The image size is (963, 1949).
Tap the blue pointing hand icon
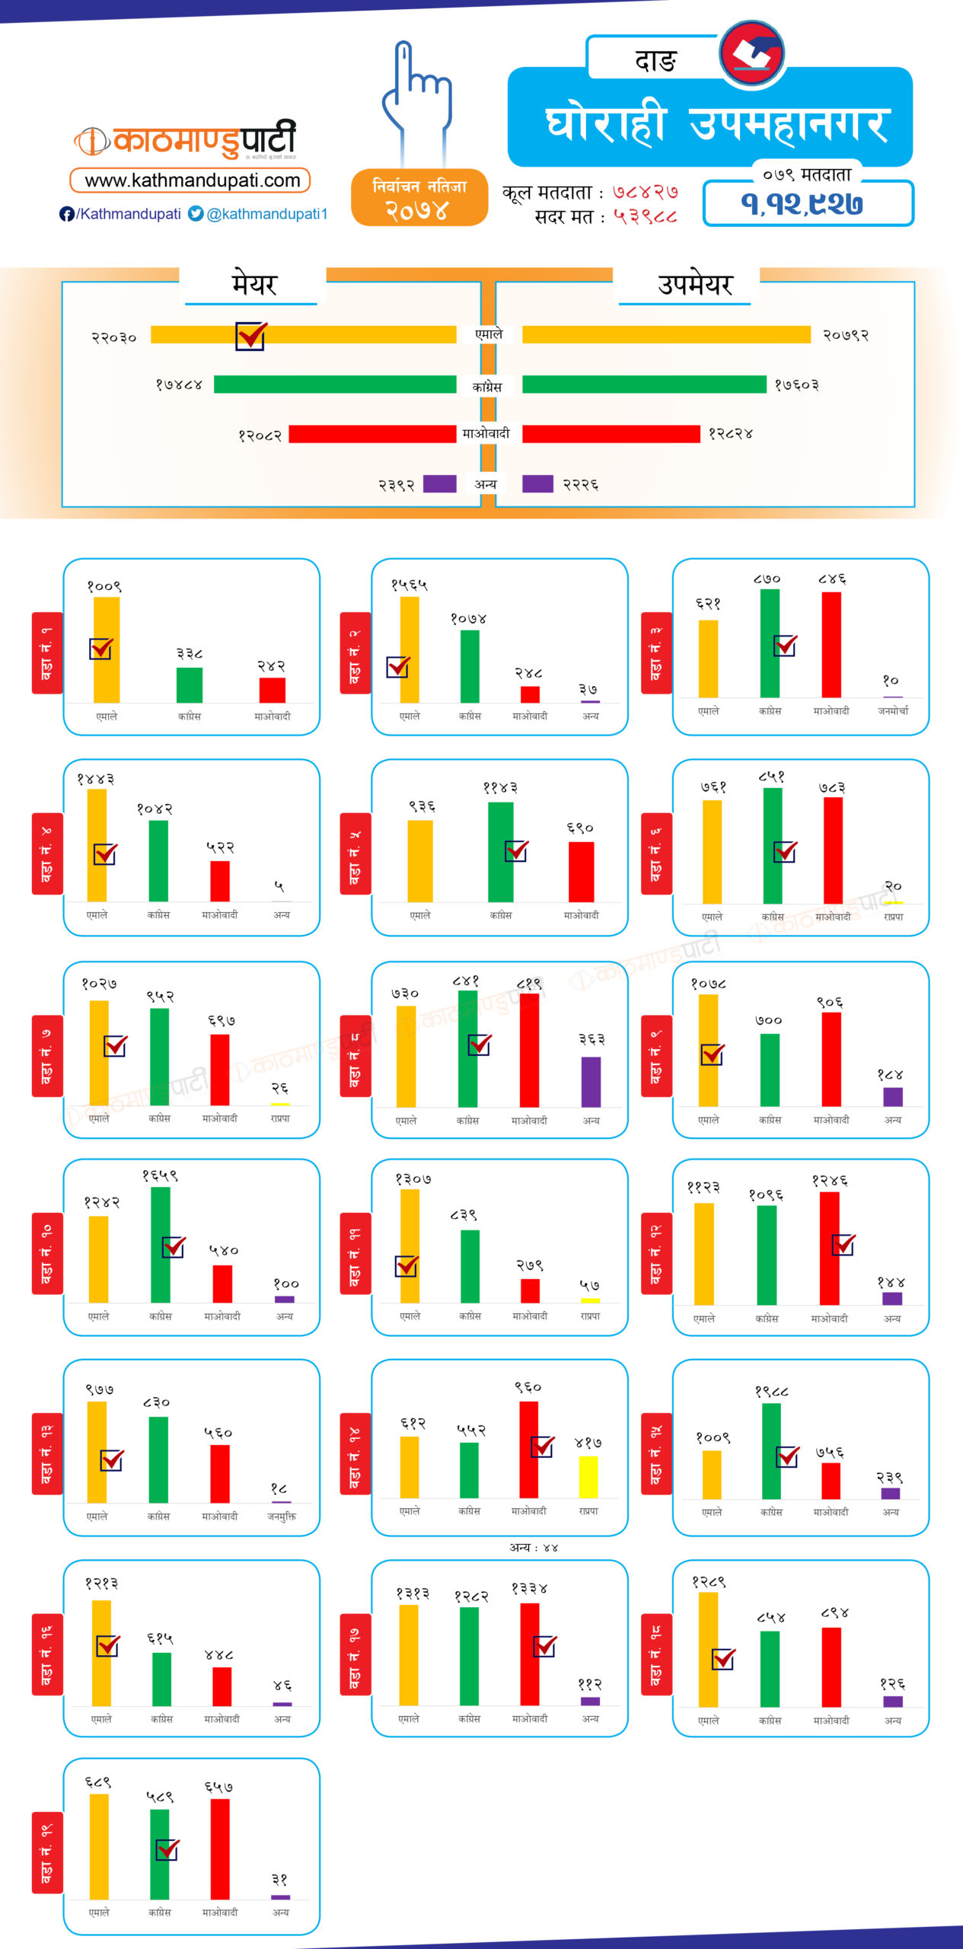(x=416, y=94)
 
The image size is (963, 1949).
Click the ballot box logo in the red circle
(x=751, y=53)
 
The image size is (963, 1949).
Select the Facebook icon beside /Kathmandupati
(x=67, y=214)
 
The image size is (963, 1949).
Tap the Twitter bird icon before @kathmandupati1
(x=196, y=214)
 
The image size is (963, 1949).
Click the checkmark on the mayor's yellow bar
(x=250, y=335)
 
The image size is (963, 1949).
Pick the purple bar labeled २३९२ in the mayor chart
(x=439, y=483)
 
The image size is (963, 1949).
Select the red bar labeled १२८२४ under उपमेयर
(x=611, y=434)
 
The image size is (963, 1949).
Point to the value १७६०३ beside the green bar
(x=796, y=385)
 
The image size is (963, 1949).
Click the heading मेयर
(x=254, y=284)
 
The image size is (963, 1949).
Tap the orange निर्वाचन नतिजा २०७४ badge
(x=419, y=198)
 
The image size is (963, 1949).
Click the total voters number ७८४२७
(x=646, y=192)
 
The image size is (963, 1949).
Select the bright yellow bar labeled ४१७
(x=588, y=1477)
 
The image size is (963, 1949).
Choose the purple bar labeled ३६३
(x=591, y=1081)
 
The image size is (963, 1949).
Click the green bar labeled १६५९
(x=161, y=1244)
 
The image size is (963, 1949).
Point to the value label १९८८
(x=771, y=1391)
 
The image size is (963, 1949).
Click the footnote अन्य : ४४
(x=534, y=1547)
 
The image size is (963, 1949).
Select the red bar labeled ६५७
(x=220, y=1849)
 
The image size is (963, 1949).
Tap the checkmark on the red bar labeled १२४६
(x=843, y=1244)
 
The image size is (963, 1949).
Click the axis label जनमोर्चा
(x=893, y=710)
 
